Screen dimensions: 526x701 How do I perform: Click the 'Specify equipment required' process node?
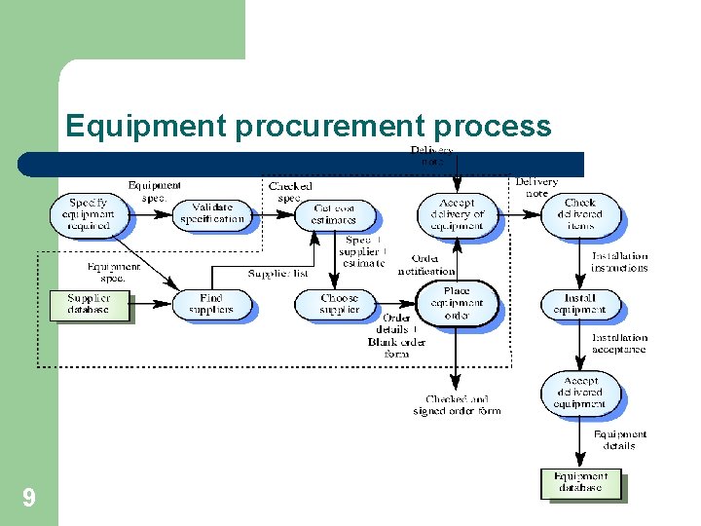click(x=88, y=213)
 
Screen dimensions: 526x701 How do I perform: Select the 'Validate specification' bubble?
click(x=211, y=213)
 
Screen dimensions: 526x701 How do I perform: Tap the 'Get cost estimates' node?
click(x=335, y=214)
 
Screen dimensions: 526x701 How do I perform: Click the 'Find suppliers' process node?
click(x=210, y=304)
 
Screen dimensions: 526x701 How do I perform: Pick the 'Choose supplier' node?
click(x=339, y=304)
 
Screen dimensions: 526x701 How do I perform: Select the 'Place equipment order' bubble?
click(x=457, y=303)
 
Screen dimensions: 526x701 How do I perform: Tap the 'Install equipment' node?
click(x=579, y=304)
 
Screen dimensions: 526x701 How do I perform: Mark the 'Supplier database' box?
click(x=89, y=304)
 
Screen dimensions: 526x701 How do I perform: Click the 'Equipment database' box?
click(x=580, y=482)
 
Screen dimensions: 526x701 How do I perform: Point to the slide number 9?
click(x=29, y=499)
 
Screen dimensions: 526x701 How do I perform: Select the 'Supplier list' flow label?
click(x=277, y=274)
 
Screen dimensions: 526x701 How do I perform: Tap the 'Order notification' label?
click(x=425, y=265)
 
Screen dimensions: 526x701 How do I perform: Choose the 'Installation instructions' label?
click(x=619, y=262)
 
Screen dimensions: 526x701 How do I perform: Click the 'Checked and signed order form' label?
click(x=457, y=405)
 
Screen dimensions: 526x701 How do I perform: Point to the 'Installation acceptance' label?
click(x=619, y=343)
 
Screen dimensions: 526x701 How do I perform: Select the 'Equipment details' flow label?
click(x=619, y=440)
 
